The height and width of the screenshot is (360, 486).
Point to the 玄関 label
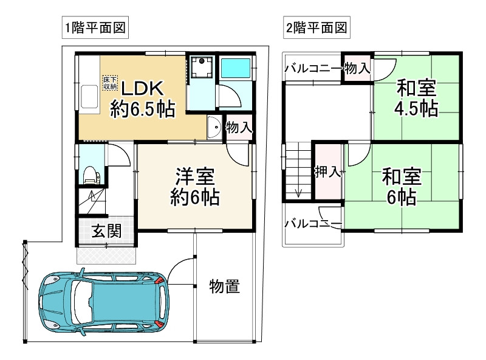(x=106, y=231)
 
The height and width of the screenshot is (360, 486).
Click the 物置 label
(x=224, y=286)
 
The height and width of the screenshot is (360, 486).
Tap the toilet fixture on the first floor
(x=90, y=173)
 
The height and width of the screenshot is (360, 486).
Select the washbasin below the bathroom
(x=214, y=128)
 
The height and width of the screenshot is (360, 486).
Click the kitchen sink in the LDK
(x=88, y=97)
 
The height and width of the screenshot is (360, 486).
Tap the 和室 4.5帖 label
(x=416, y=97)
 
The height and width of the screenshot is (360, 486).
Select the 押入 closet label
(x=327, y=173)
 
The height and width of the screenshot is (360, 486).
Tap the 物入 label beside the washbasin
(x=239, y=127)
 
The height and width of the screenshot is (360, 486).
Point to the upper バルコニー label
(x=313, y=67)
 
